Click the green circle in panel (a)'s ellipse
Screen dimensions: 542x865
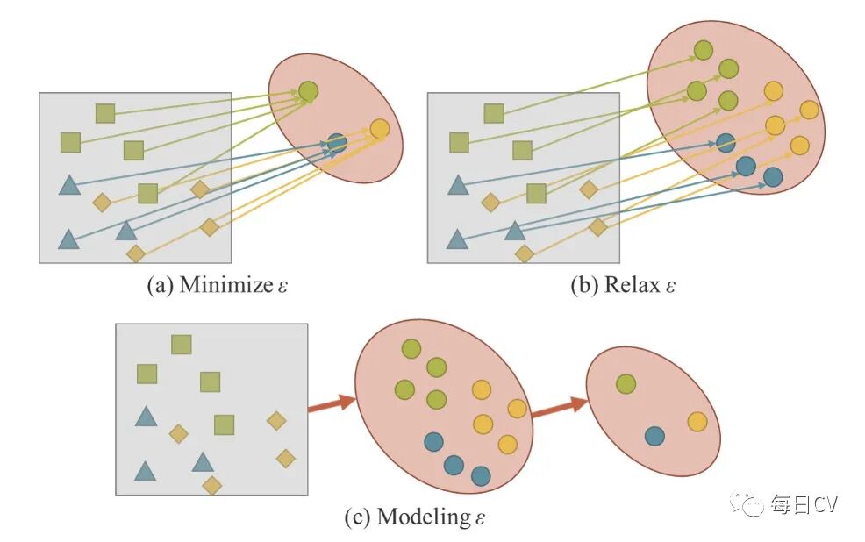308,90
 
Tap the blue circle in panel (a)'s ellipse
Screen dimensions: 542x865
337,142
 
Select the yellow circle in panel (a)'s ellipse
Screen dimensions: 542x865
379,129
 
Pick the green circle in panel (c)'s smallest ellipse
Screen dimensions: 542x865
626,383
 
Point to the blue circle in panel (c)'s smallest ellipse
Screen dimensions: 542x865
654,435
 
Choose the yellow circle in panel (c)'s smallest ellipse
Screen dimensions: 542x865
697,422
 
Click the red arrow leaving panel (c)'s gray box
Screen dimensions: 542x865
331,403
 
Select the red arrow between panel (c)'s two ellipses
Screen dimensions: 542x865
561,406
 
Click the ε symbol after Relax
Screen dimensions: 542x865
670,287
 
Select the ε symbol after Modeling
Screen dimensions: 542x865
479,518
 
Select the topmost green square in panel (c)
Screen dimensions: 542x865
182,345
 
